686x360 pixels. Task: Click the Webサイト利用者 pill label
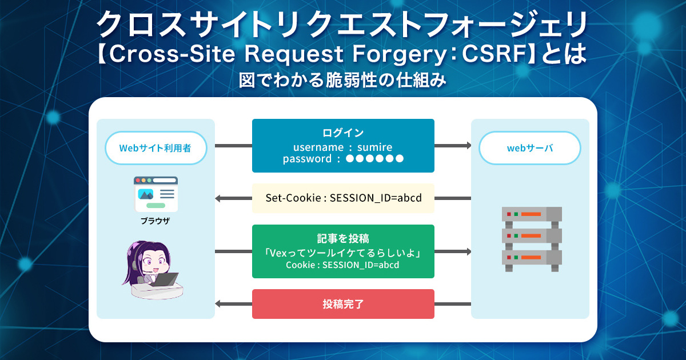coord(156,148)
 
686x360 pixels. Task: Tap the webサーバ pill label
coord(529,148)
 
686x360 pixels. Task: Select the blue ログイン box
coord(343,146)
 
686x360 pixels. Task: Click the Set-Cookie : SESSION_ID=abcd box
coord(343,198)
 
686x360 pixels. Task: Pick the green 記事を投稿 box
coord(343,251)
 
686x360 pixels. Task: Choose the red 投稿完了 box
coord(343,304)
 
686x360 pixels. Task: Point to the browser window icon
coord(155,194)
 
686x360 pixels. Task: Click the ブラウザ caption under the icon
coord(155,221)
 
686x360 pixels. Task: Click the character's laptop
coord(165,279)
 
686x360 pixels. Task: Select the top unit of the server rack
coord(532,214)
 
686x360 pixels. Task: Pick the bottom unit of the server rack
coord(532,258)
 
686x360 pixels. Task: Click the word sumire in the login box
coord(374,147)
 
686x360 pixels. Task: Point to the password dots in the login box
coord(374,159)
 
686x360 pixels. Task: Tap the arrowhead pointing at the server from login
coord(469,145)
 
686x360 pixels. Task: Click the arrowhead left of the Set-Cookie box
coord(218,198)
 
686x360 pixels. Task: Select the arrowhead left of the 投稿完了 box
coord(218,304)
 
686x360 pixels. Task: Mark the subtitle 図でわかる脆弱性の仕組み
coord(342,80)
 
